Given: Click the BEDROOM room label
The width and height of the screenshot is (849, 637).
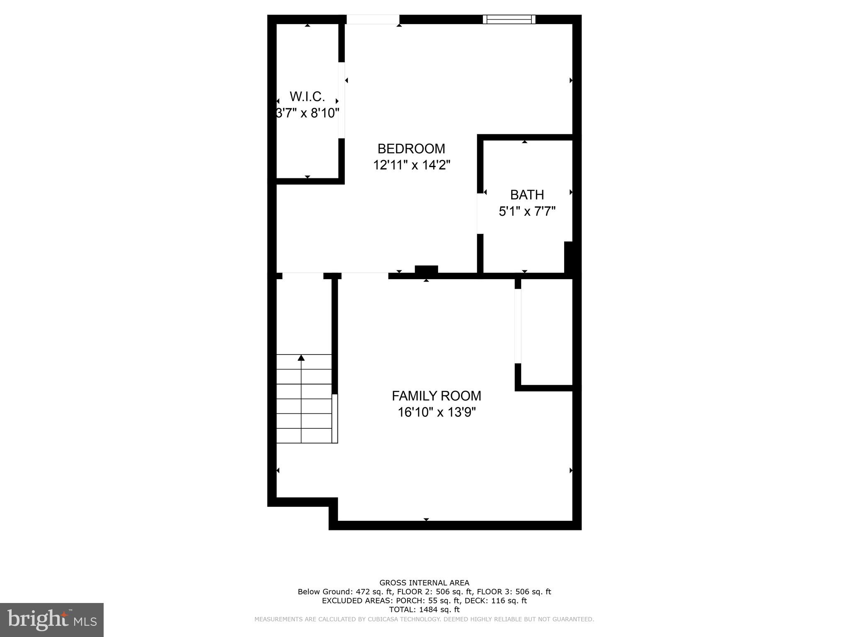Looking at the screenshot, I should click(x=411, y=148).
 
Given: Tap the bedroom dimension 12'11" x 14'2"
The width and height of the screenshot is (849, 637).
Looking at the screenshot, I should click(x=411, y=165).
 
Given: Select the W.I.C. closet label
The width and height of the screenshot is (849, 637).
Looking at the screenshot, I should click(x=307, y=97).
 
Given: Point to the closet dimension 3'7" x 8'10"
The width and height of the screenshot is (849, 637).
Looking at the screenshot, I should click(x=308, y=113).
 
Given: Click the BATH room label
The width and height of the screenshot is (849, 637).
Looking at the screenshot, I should click(x=526, y=195).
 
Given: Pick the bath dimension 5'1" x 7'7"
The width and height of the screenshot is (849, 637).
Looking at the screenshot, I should click(x=526, y=212).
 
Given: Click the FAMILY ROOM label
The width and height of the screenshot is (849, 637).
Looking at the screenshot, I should click(x=436, y=396).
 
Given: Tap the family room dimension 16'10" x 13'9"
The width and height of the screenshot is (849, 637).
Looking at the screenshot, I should click(x=436, y=412).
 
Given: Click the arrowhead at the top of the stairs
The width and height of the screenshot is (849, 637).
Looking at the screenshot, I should click(x=301, y=358).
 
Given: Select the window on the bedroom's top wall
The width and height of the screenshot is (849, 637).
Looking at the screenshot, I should click(x=509, y=19).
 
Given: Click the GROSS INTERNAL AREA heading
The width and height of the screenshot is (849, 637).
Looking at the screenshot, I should click(x=424, y=583).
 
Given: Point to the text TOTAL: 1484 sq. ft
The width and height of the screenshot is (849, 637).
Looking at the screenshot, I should click(x=424, y=610).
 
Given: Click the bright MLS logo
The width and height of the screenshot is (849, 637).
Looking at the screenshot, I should click(x=52, y=620).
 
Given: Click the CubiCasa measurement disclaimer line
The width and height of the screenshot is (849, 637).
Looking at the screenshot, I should click(x=424, y=619).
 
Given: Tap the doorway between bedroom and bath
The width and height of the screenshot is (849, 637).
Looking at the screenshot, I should click(x=480, y=214).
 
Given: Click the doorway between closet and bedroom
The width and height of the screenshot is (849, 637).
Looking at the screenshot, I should click(x=342, y=100).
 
